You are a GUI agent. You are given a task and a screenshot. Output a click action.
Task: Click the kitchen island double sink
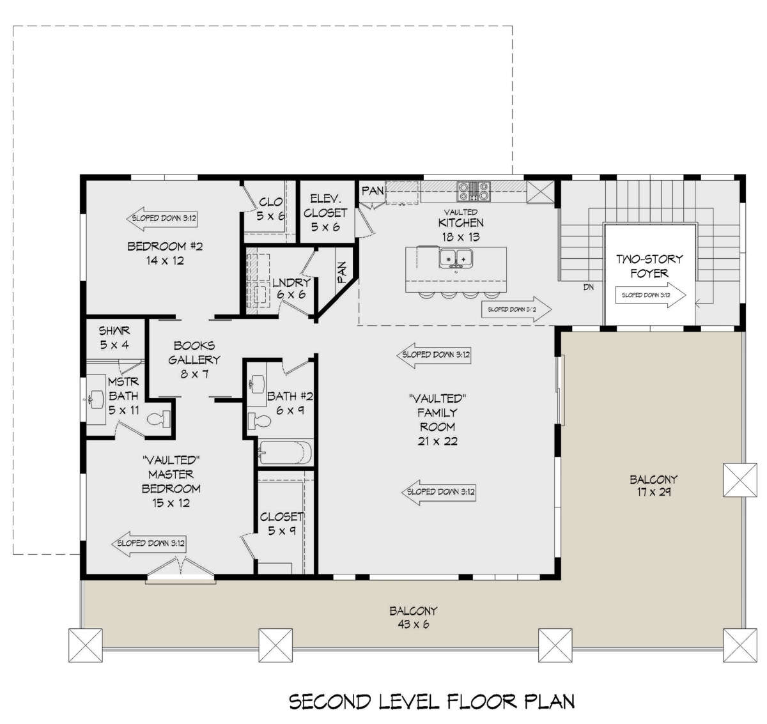(x=456, y=258)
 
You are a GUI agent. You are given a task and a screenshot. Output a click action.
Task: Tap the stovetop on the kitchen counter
(x=474, y=192)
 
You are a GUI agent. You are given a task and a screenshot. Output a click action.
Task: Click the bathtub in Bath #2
(x=286, y=452)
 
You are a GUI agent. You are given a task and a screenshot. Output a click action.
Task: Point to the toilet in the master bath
(x=159, y=419)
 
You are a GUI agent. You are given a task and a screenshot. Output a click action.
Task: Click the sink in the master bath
(x=95, y=399)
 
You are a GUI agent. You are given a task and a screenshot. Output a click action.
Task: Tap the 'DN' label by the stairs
(x=589, y=288)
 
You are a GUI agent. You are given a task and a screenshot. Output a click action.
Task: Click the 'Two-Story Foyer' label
(x=649, y=266)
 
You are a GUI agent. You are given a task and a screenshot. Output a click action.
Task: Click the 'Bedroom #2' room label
(x=165, y=246)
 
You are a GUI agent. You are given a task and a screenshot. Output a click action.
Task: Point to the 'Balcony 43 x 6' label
(x=413, y=617)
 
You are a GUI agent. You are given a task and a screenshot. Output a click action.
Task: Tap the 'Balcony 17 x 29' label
(x=653, y=486)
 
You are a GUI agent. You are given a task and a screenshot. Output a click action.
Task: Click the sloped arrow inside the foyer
(x=651, y=295)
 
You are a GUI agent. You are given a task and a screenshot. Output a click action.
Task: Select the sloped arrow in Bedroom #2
(x=162, y=219)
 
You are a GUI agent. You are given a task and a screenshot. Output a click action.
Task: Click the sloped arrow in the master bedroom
(x=148, y=543)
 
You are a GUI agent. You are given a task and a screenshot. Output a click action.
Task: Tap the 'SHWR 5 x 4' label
(x=114, y=337)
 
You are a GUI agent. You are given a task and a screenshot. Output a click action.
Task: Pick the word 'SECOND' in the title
(x=330, y=701)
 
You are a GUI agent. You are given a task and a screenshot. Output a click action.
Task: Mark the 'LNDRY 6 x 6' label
(x=291, y=288)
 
